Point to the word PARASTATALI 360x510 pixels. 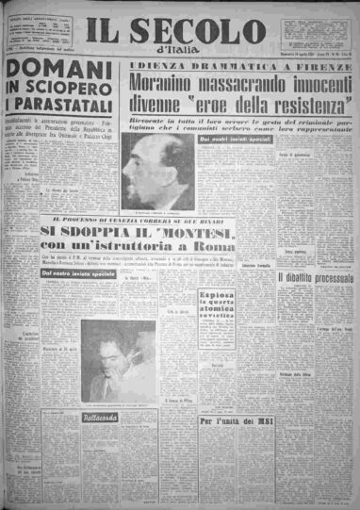click(x=65, y=129)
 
